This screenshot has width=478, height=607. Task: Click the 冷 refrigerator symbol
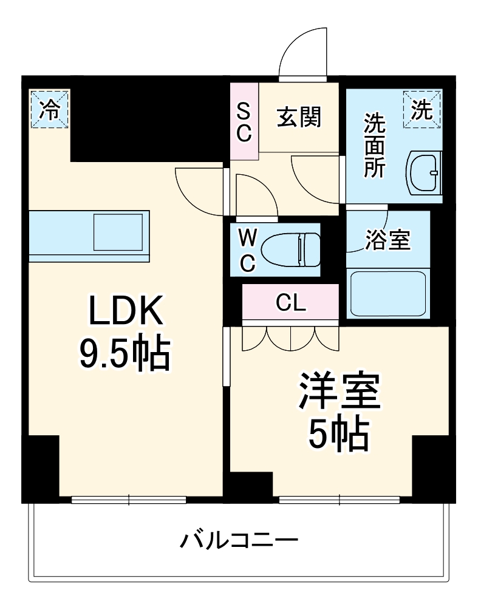[50, 109]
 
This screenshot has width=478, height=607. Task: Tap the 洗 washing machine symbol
[423, 109]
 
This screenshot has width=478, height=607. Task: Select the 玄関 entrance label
[299, 117]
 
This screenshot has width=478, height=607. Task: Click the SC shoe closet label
[244, 123]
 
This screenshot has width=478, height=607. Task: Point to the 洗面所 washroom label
[374, 146]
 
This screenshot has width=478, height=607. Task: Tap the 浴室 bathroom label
[388, 240]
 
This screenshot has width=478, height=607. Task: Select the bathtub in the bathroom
[388, 293]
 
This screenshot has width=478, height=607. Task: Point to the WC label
[247, 250]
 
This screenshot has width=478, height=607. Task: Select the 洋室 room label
[338, 392]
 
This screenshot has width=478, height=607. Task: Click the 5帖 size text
[338, 433]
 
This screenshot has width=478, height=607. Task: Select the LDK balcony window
[129, 500]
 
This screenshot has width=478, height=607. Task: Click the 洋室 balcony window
[340, 500]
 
